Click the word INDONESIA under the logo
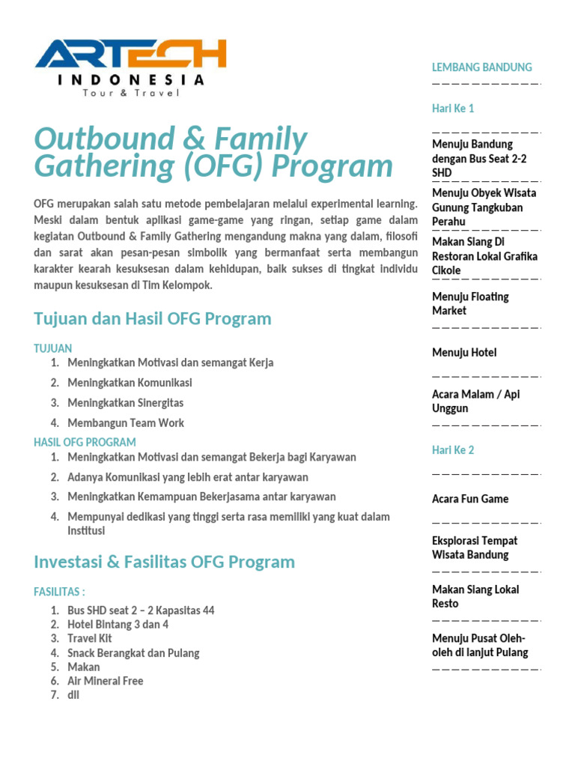(x=130, y=79)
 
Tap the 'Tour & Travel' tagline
(x=131, y=93)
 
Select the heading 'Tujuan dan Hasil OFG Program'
(x=153, y=318)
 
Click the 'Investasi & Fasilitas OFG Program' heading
(x=165, y=562)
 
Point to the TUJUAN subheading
(x=53, y=348)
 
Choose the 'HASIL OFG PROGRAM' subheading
(x=85, y=442)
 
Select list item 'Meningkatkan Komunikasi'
(x=130, y=383)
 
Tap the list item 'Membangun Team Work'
(x=126, y=422)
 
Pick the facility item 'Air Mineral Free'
(x=105, y=681)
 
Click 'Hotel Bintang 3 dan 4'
(x=118, y=625)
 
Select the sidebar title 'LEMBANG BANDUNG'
(x=482, y=67)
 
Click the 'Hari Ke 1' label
(x=453, y=109)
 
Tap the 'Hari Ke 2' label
(x=453, y=450)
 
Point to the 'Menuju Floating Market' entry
(x=470, y=303)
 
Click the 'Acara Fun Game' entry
(x=470, y=499)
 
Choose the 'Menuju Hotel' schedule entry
(x=464, y=353)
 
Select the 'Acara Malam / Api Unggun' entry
(x=475, y=401)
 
